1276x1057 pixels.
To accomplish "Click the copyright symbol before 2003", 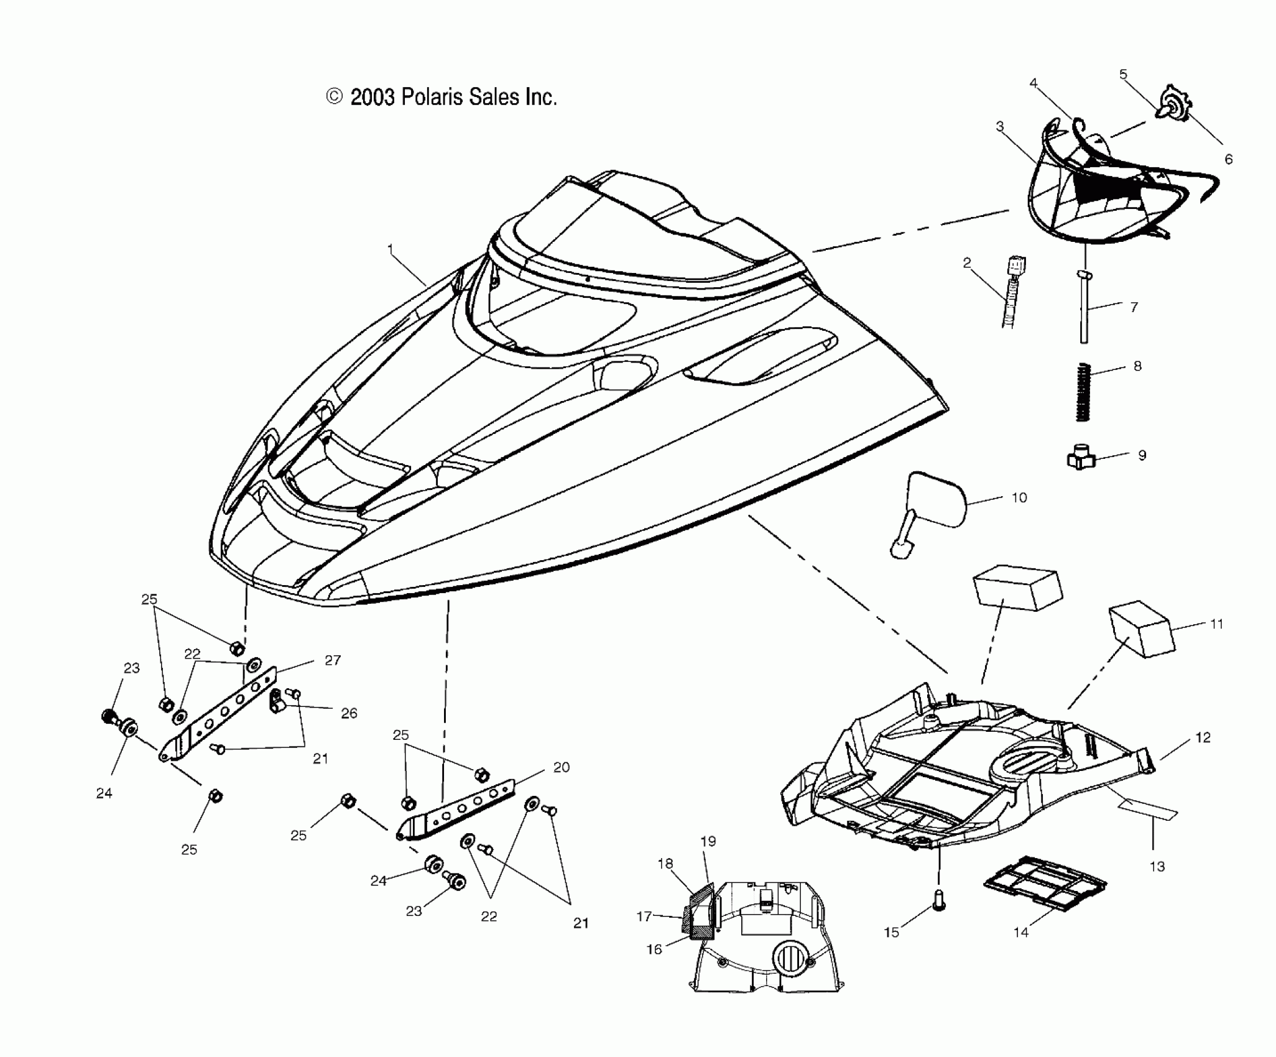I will pos(335,96).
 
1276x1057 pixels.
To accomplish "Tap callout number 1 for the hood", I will pos(391,249).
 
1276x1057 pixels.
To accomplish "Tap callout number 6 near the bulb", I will pos(1228,159).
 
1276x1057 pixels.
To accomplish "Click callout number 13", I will pos(1157,866).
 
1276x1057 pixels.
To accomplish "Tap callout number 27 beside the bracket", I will pos(333,660).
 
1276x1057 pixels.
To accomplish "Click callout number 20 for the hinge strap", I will pos(561,767).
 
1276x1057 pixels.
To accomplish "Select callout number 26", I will pos(349,713).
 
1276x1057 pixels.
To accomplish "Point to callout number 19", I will pos(708,841).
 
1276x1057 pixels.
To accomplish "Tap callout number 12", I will pos(1203,737).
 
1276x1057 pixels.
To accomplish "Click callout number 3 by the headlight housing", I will pos(1000,127).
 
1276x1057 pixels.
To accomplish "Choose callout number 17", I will pos(644,916).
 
